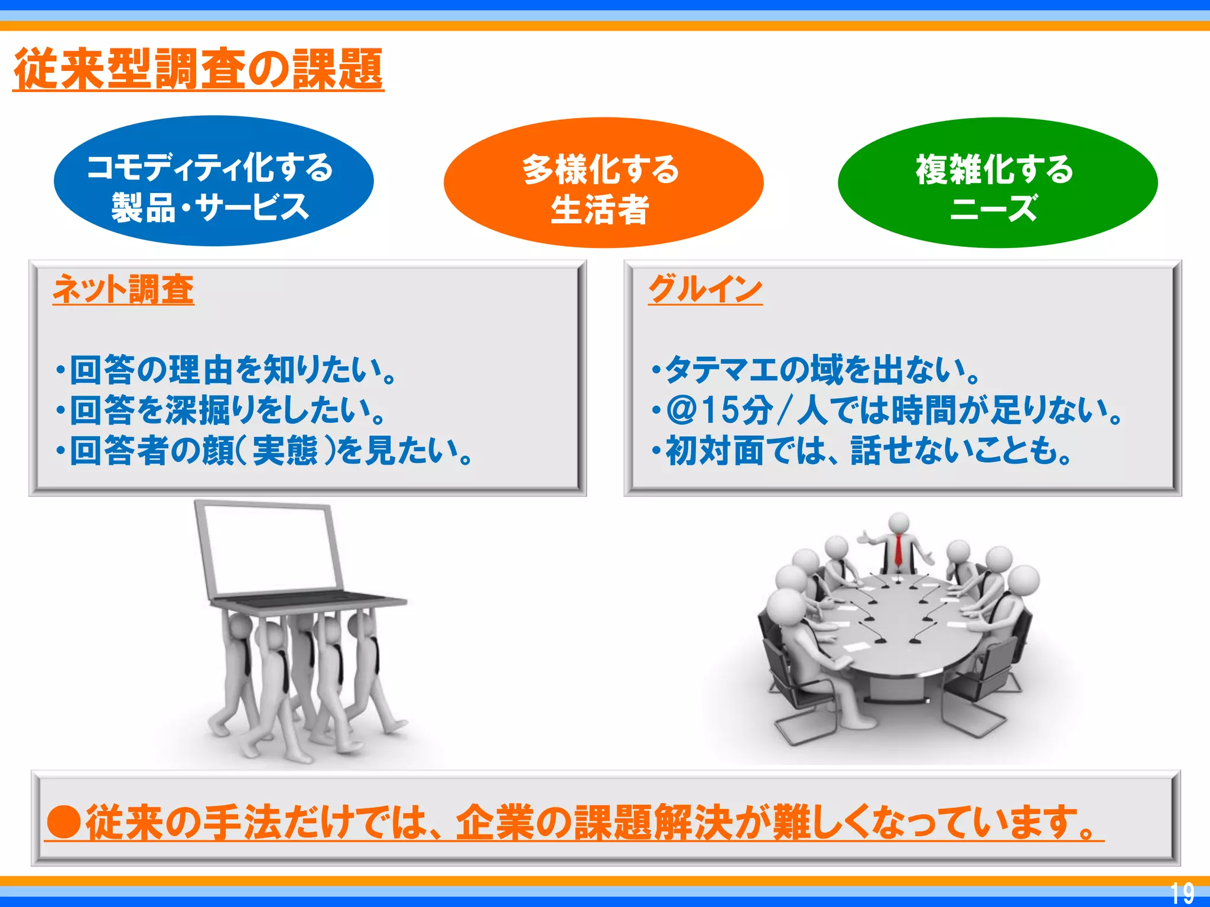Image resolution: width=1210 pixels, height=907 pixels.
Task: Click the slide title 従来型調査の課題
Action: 199,70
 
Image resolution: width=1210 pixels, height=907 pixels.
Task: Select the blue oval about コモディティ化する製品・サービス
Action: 213,181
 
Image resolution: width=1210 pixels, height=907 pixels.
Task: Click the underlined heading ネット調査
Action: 123,290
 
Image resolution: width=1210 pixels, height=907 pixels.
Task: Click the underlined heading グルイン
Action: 705,290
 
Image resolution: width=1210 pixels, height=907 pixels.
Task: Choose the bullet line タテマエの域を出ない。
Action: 818,370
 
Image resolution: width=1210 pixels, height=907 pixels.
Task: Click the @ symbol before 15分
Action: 682,410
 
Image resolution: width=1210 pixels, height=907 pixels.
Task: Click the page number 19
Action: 1182,893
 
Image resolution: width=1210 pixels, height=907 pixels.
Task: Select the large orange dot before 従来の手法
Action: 64,821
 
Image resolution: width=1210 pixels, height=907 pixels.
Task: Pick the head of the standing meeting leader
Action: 899,523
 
